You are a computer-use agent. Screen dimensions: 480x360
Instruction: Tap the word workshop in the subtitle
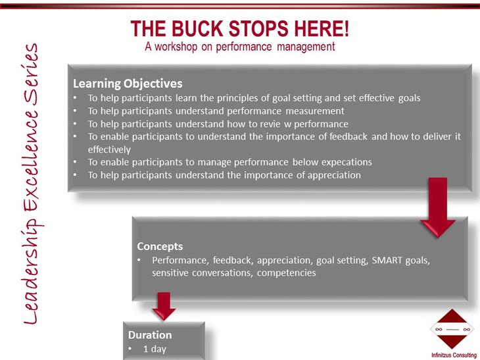176,47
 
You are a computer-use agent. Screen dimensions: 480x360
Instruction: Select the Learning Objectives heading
128,84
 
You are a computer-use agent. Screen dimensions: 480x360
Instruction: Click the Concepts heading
160,246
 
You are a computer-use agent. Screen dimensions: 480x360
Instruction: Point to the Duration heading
150,335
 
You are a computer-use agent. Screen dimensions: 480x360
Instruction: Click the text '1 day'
155,349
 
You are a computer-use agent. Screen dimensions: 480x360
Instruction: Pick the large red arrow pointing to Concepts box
438,207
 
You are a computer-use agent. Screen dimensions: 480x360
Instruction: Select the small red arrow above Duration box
164,307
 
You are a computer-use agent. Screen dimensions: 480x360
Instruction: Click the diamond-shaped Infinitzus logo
452,329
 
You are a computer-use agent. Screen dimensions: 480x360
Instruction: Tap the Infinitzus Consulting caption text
454,355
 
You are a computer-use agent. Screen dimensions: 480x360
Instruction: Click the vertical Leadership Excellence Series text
31,184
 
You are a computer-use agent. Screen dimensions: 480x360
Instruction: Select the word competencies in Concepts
286,273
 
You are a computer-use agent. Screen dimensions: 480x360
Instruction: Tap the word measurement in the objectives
315,111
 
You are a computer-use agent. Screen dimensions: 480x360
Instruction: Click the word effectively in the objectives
109,149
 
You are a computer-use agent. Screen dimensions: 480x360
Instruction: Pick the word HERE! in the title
322,28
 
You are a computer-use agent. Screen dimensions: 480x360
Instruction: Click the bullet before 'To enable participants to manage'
76,162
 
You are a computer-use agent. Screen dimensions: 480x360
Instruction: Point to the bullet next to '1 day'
130,349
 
